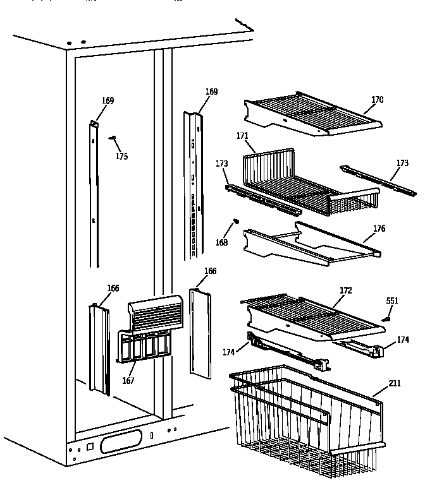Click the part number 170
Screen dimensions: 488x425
(377, 100)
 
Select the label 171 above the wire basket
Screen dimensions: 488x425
(242, 136)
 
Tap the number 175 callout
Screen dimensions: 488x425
(121, 156)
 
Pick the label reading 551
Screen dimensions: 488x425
(392, 301)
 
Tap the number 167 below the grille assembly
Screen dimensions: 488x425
(128, 381)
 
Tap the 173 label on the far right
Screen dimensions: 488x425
(402, 163)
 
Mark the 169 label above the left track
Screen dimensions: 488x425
(108, 100)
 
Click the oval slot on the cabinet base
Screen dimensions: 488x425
(121, 441)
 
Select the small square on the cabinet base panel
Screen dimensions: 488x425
(89, 446)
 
